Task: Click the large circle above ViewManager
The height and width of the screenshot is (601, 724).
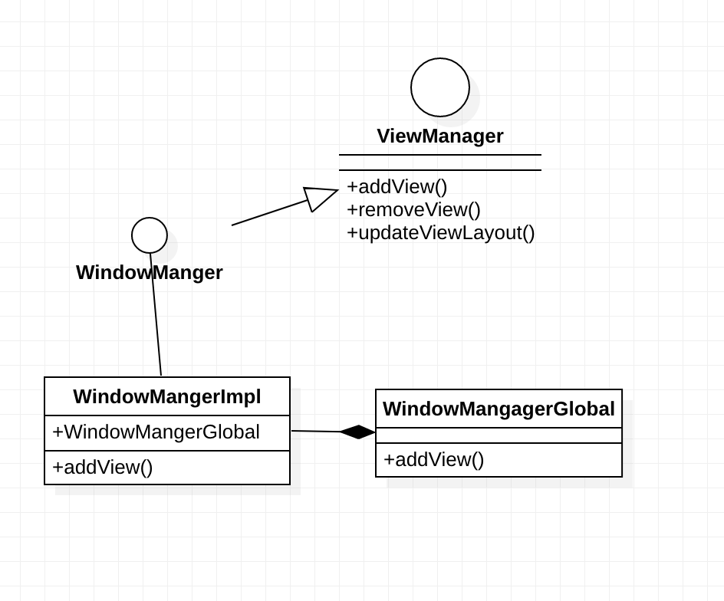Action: pyautogui.click(x=440, y=87)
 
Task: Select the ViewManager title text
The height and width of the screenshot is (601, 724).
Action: pyautogui.click(x=440, y=136)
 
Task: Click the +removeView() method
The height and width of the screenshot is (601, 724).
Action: pyautogui.click(x=413, y=209)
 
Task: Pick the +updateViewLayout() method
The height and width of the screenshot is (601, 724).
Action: pyautogui.click(x=440, y=232)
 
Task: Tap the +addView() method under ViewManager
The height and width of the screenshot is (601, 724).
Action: pyautogui.click(x=397, y=186)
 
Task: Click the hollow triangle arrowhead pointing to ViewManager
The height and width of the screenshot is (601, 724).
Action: pyautogui.click(x=318, y=197)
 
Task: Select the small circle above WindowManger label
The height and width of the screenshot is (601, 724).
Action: pyautogui.click(x=150, y=235)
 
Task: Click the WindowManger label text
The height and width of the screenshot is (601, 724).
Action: pyautogui.click(x=150, y=272)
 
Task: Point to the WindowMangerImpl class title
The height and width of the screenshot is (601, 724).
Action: pyautogui.click(x=167, y=396)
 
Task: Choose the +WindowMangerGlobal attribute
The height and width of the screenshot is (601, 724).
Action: pyautogui.click(x=156, y=432)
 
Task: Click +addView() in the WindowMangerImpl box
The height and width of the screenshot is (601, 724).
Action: pyautogui.click(x=102, y=467)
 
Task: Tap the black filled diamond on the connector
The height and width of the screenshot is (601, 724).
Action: pyautogui.click(x=357, y=432)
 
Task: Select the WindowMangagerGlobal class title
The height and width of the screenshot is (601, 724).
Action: pyautogui.click(x=499, y=409)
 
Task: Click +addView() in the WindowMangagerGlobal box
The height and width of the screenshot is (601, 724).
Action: pyautogui.click(x=433, y=459)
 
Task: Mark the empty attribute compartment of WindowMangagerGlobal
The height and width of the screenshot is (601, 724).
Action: pyautogui.click(x=499, y=435)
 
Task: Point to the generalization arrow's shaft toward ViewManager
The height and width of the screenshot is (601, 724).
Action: pyautogui.click(x=268, y=213)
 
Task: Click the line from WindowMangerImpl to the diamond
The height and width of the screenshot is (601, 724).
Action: pyautogui.click(x=315, y=431)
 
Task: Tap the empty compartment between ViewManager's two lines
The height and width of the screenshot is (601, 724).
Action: pyautogui.click(x=440, y=163)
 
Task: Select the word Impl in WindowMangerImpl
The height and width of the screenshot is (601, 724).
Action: pyautogui.click(x=242, y=396)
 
